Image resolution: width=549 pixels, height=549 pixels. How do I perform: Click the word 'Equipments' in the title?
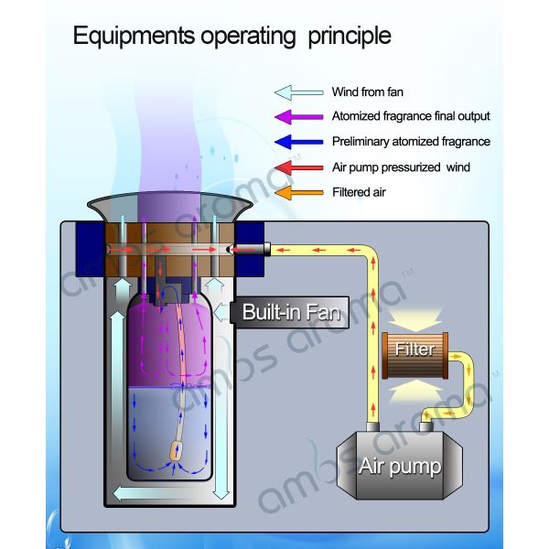[132, 37]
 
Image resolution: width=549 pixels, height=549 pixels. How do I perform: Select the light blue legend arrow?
[298, 92]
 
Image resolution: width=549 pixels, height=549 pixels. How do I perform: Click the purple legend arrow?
[298, 117]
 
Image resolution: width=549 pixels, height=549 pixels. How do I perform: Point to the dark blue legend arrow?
[298, 142]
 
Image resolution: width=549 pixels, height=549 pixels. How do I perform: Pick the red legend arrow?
[298, 167]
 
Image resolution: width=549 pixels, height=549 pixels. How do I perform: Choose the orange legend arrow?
[298, 192]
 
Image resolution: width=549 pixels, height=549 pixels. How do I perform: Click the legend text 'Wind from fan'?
[367, 92]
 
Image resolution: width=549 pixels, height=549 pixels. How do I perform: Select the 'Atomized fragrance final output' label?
[411, 117]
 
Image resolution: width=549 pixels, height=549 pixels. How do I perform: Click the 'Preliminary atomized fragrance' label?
[411, 142]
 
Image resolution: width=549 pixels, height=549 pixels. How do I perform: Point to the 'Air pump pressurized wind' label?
[401, 167]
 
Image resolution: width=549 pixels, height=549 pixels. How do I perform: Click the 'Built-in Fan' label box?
[290, 312]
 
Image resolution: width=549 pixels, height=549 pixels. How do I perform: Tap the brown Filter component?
[414, 351]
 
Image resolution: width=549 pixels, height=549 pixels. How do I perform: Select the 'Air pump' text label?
[400, 468]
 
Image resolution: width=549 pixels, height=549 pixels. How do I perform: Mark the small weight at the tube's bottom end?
[178, 451]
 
